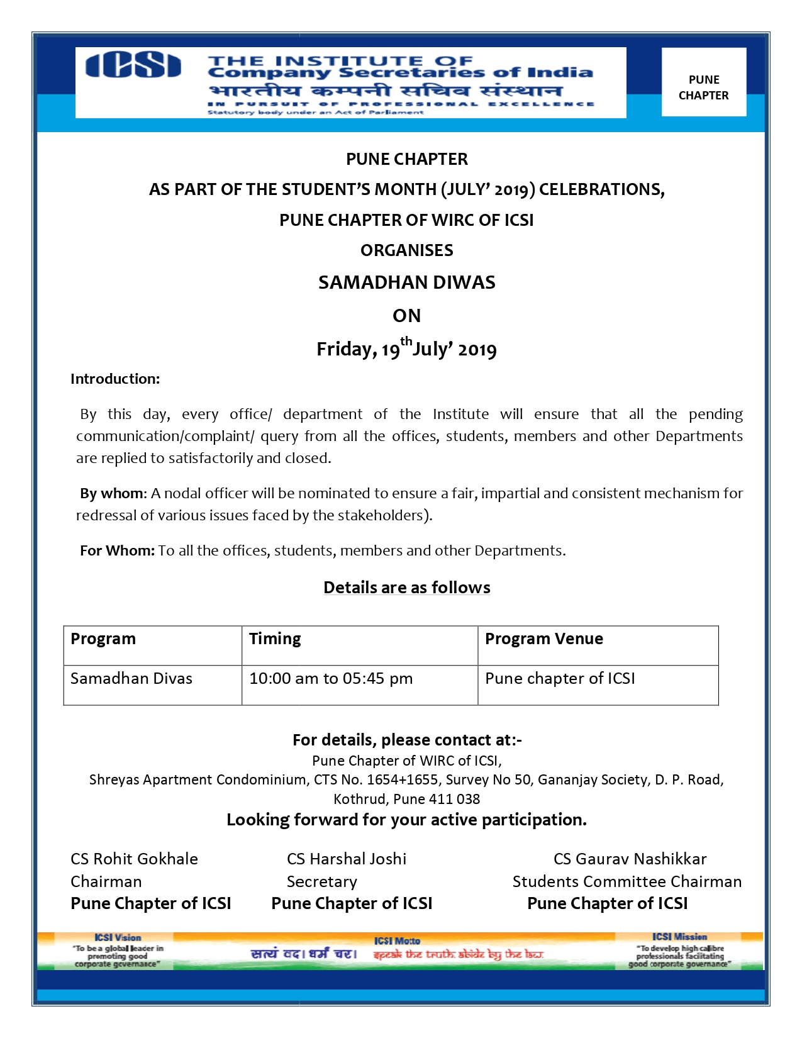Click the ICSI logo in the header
[x=133, y=65]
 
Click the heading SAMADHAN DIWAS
[x=406, y=282]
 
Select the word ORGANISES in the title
[x=406, y=250]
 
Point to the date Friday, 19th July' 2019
[x=406, y=349]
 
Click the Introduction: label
[x=115, y=379]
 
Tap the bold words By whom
[x=113, y=493]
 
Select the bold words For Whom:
[x=117, y=550]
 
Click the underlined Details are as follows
[x=406, y=588]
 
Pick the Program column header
[x=103, y=639]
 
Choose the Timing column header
[x=275, y=639]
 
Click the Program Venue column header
[x=543, y=639]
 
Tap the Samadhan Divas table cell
[x=131, y=678]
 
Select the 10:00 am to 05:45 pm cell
[x=331, y=678]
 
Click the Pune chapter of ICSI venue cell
[x=560, y=678]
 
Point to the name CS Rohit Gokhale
[x=134, y=859]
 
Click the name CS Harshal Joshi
[x=347, y=859]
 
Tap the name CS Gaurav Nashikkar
[x=630, y=859]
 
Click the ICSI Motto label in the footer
[x=397, y=941]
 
